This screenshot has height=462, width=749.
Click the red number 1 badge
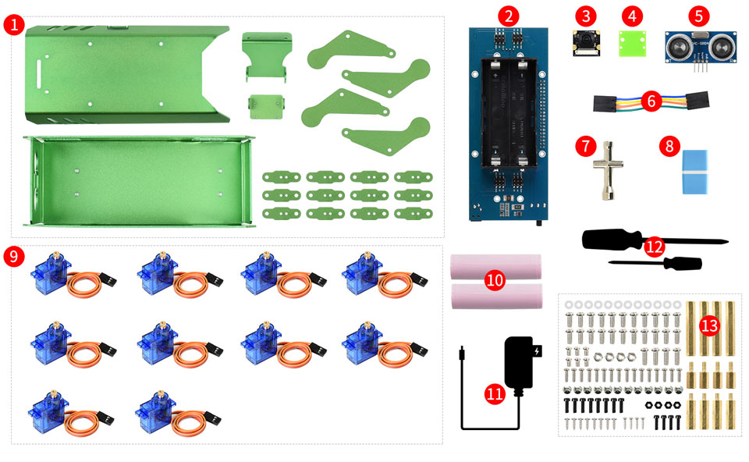pos(14,24)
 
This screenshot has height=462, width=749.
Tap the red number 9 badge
pos(14,257)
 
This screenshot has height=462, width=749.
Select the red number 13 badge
pos(710,326)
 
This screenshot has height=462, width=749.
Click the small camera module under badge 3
pos(587,44)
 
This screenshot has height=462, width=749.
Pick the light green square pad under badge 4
pos(633,44)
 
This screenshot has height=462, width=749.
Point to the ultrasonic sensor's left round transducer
pos(678,47)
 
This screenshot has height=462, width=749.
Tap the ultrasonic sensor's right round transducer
pos(720,47)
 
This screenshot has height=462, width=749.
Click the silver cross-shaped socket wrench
pos(607,170)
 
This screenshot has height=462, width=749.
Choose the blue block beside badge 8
pos(694,172)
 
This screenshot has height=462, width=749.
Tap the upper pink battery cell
pos(496,267)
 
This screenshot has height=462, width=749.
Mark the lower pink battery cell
pos(497,297)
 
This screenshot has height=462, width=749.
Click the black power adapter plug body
pos(520,362)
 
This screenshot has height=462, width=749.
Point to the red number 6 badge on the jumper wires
pos(651,101)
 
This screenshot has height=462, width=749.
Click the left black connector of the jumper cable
pos(605,104)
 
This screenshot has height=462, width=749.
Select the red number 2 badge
pos(508,16)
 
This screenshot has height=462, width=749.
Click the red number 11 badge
pos(495,393)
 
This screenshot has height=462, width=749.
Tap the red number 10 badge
pos(495,280)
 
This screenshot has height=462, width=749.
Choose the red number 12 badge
pos(655,247)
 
